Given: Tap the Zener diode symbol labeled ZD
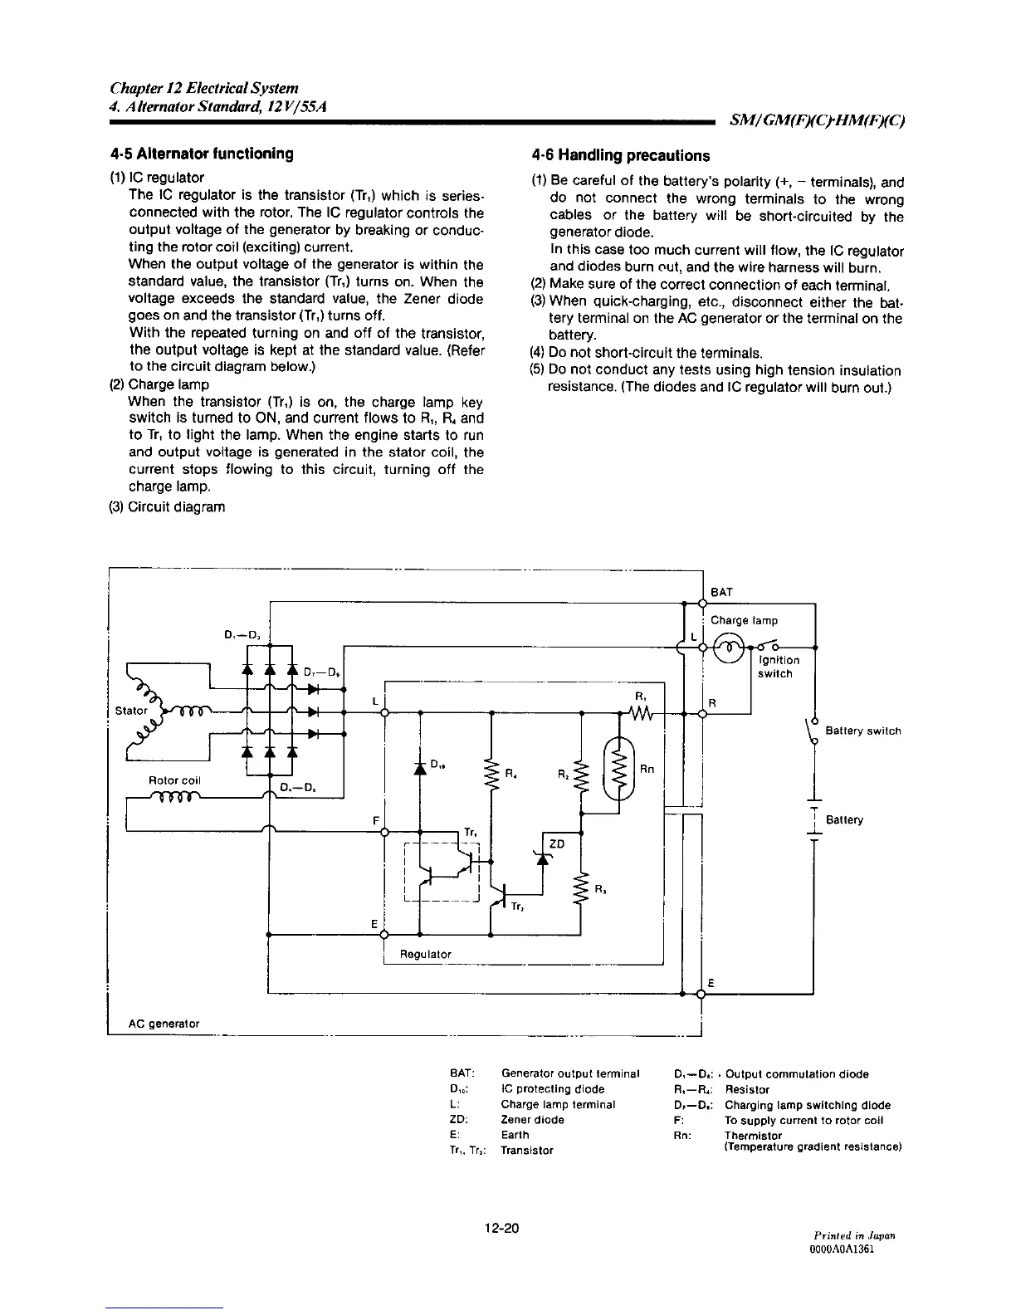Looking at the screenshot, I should tap(545, 858).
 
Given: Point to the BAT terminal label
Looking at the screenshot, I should tap(721, 591).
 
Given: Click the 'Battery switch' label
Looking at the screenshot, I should tap(863, 731).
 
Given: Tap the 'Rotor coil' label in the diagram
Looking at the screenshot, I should tap(174, 780).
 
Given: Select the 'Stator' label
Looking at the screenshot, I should tap(131, 711).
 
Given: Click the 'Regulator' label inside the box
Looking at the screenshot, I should tap(426, 955).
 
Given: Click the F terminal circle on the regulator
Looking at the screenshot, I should tap(384, 831).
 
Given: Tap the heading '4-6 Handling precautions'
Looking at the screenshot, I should tap(621, 155).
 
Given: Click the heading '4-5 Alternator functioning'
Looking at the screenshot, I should tap(202, 154).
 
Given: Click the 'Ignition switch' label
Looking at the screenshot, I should tap(779, 667).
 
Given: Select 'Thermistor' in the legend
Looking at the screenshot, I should tap(753, 1135).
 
